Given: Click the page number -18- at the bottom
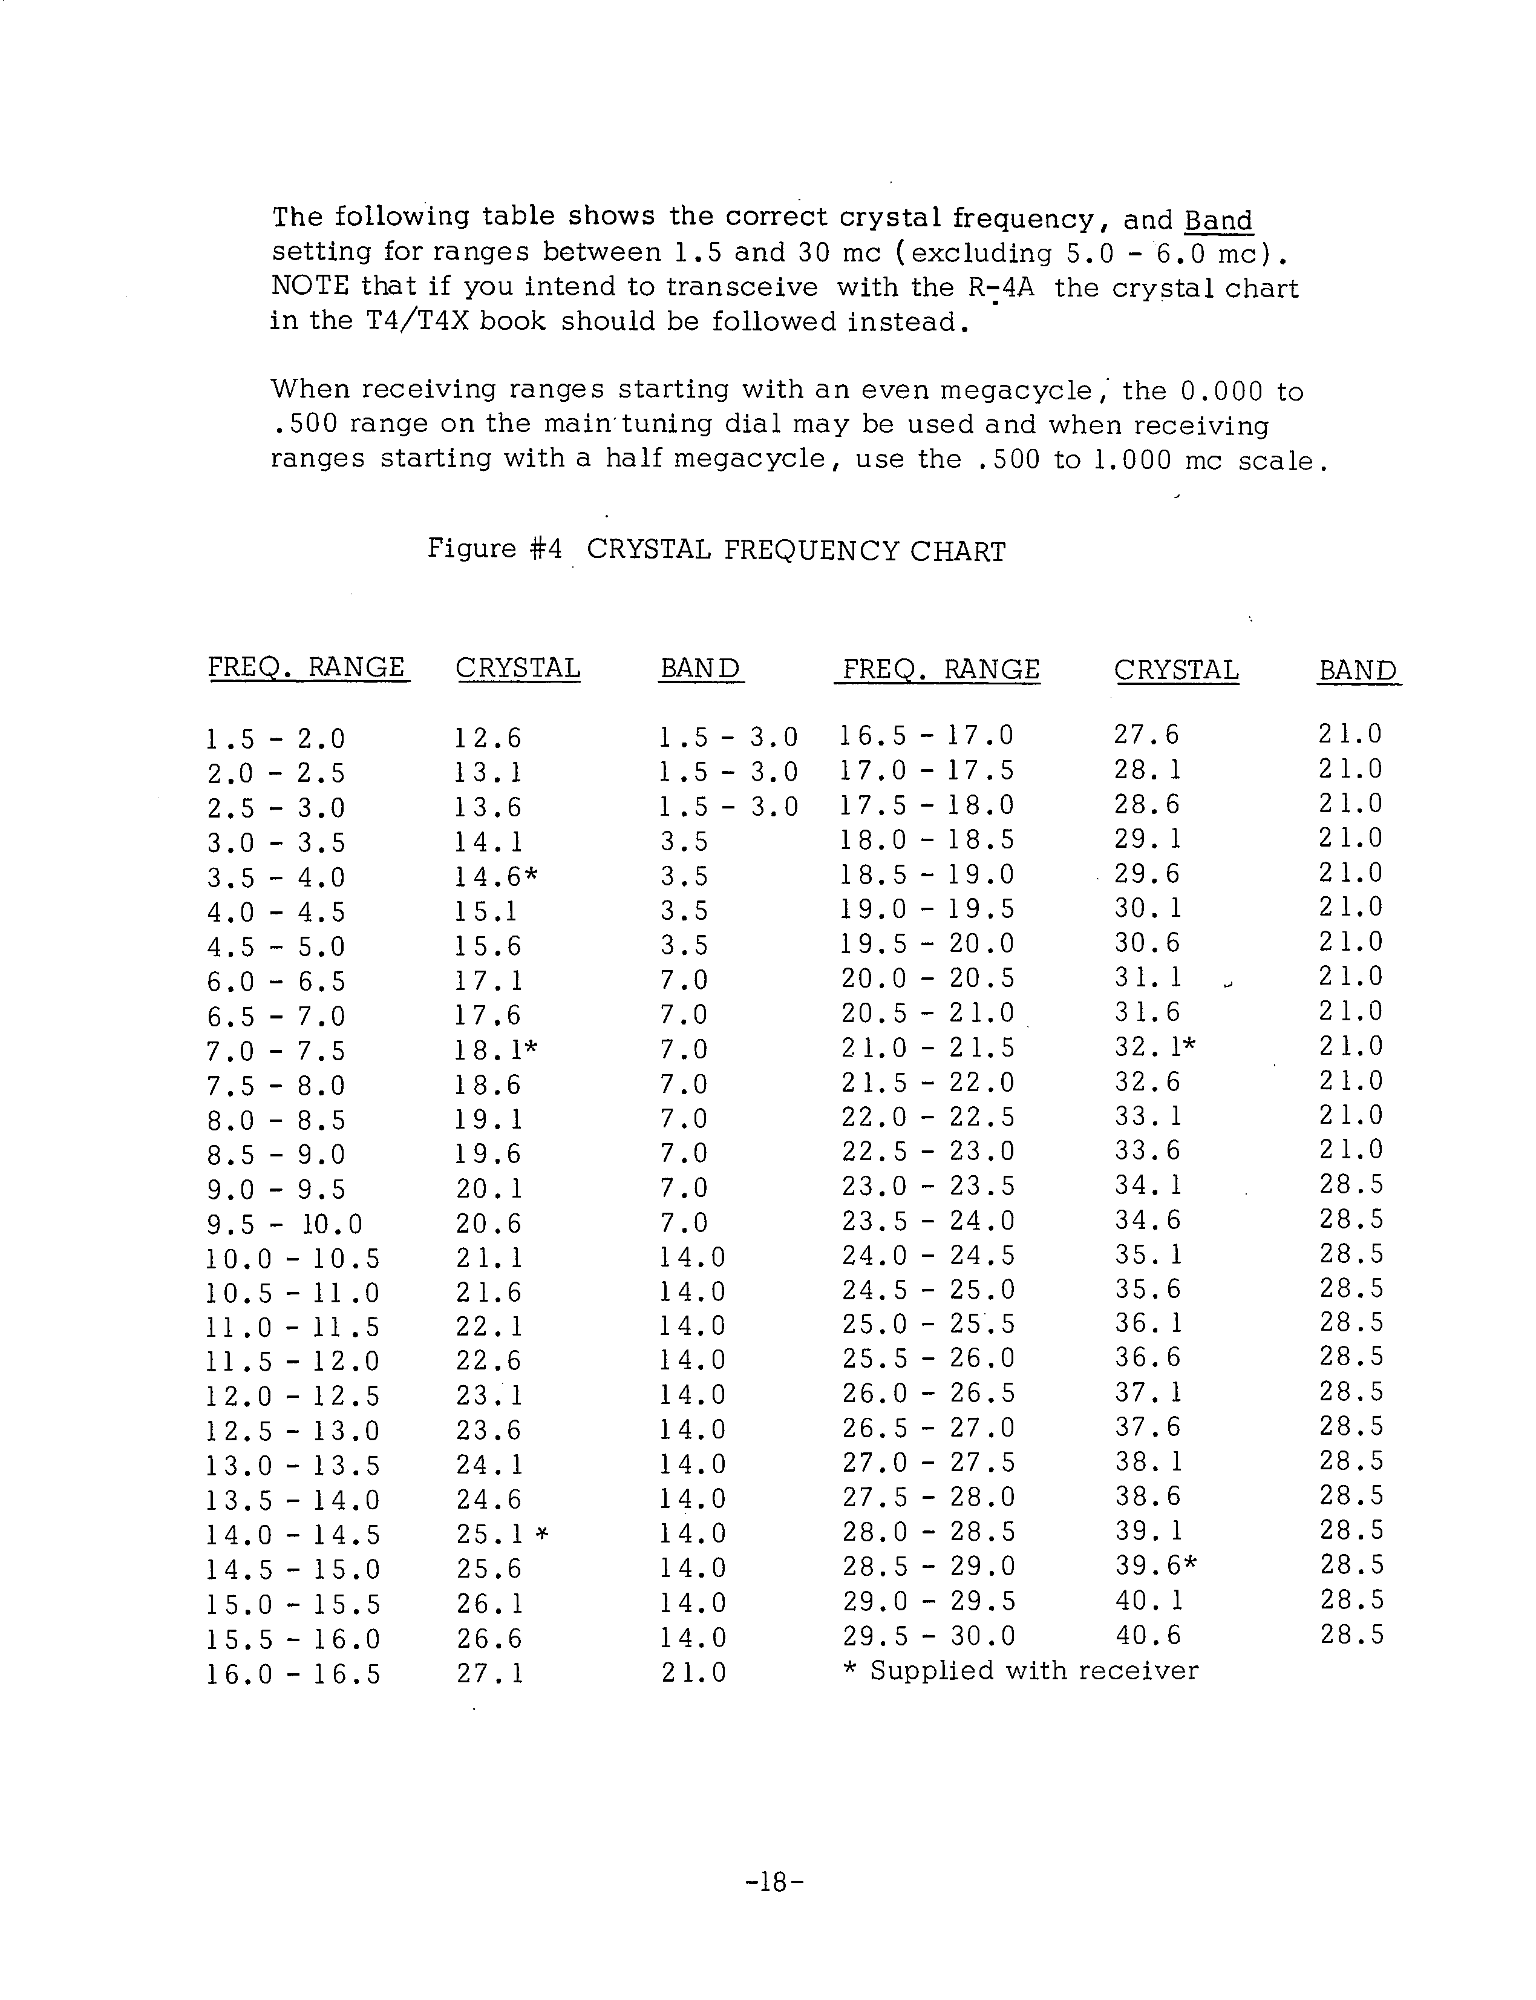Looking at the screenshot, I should point(774,1882).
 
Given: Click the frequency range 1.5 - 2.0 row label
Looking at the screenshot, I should point(276,738).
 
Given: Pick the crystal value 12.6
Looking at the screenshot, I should point(488,738).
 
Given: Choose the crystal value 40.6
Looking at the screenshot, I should point(1148,1635).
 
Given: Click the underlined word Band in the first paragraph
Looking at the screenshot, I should point(1218,220).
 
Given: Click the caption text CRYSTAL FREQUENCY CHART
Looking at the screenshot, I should point(796,551).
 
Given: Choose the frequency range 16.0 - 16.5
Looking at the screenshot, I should point(293,1674).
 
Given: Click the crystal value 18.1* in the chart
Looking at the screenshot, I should point(495,1050).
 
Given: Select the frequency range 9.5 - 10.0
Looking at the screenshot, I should point(284,1224).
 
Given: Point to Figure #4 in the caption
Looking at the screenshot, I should point(495,549).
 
